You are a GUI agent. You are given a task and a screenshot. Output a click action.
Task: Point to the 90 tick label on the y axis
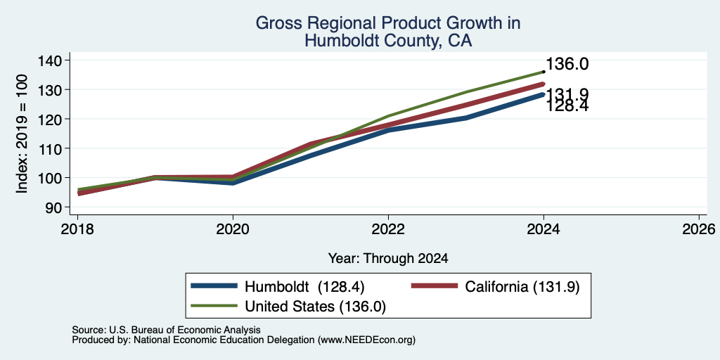click(59, 207)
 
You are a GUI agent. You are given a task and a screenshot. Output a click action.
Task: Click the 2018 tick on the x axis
click(77, 229)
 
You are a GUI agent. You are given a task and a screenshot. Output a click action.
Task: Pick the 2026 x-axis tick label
click(699, 229)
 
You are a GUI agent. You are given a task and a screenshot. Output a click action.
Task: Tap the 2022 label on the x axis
click(388, 229)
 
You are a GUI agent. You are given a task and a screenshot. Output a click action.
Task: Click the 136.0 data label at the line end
click(567, 64)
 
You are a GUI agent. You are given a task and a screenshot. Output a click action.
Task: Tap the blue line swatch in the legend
click(214, 286)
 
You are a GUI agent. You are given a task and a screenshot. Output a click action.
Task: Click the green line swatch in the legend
click(214, 306)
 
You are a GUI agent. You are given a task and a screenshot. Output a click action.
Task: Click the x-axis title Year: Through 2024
click(388, 259)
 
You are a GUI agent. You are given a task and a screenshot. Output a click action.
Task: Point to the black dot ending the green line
click(544, 72)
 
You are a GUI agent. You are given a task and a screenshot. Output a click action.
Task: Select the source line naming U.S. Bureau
click(166, 330)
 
